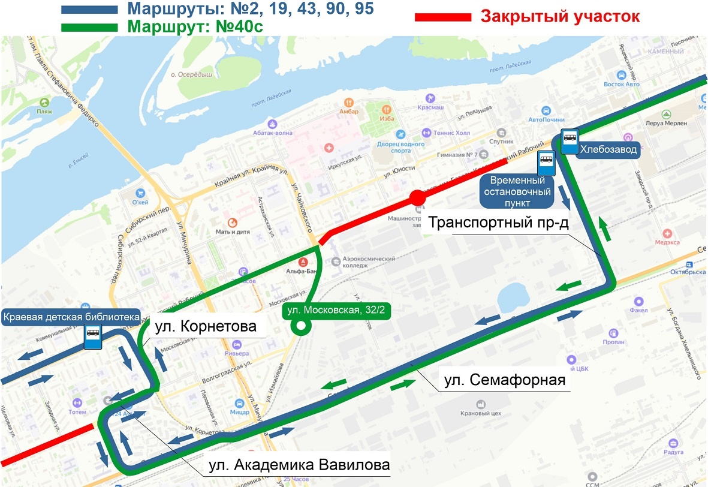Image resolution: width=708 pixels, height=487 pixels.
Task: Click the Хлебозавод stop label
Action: pos(608,150)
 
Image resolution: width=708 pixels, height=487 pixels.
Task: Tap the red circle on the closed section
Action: pos(418,198)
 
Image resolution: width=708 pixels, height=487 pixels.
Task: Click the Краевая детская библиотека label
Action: pos(71,317)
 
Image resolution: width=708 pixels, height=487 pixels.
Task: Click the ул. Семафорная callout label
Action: pos(505,380)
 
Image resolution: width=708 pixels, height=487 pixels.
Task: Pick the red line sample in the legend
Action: pos(443,17)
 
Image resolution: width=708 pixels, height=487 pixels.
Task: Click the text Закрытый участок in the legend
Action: pos(560,17)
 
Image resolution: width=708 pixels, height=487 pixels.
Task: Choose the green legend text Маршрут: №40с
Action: pos(195,27)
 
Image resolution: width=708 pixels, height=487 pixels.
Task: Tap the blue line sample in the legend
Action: pos(89,10)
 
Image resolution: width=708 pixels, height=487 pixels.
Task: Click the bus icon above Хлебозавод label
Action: pos(569,138)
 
